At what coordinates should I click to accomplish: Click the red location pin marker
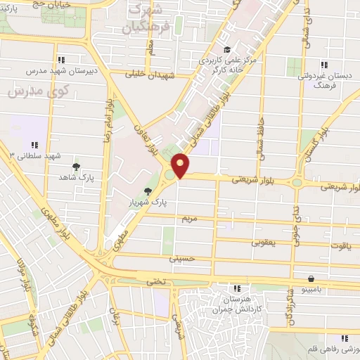pos(181,166)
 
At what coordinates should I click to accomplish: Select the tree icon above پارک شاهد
pos(76,167)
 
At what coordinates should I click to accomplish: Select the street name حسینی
pos(180,259)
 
